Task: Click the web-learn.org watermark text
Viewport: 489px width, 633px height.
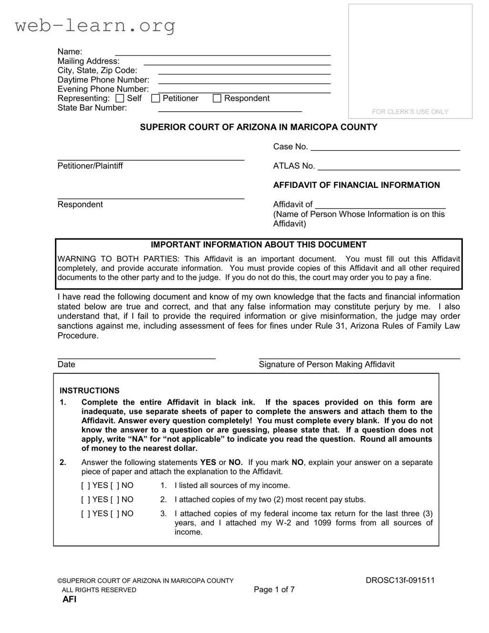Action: click(95, 25)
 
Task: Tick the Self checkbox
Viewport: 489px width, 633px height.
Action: click(120, 98)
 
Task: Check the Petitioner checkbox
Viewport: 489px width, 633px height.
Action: click(156, 98)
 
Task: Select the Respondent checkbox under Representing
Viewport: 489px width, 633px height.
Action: click(217, 98)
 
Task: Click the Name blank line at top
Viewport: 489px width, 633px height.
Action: click(222, 52)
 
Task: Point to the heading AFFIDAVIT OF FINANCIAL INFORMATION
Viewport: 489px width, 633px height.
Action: click(356, 185)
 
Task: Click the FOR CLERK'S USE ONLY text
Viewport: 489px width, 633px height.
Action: click(410, 112)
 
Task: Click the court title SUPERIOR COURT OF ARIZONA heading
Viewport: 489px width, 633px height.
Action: click(258, 127)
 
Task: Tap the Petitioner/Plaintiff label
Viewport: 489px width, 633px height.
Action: click(90, 166)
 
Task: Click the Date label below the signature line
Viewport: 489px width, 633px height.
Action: click(66, 364)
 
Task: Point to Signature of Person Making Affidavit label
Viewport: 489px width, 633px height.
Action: click(326, 364)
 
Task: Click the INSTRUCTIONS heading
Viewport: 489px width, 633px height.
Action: click(89, 391)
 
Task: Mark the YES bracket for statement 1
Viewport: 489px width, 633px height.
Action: click(85, 486)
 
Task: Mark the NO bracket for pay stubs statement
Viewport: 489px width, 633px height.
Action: click(115, 500)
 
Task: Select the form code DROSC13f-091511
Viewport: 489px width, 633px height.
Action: click(400, 581)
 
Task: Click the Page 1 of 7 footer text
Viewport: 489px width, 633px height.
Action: click(274, 590)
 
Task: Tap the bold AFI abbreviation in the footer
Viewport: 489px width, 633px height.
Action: click(69, 600)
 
